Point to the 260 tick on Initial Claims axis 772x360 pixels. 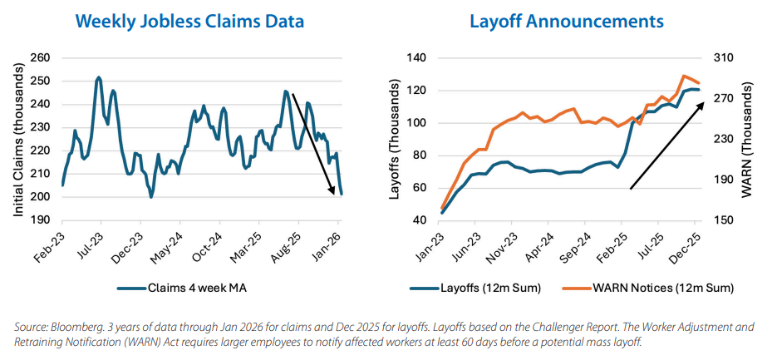40,58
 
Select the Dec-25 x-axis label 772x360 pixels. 691,243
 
